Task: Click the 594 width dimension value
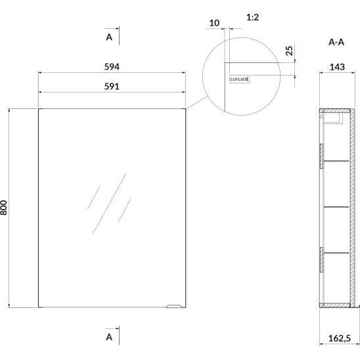click(x=112, y=67)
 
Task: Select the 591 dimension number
click(x=112, y=87)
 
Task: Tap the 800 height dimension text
click(x=4, y=208)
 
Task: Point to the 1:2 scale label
click(x=252, y=18)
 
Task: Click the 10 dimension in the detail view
click(x=214, y=23)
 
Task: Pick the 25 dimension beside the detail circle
click(x=290, y=51)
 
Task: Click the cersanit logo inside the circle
click(x=239, y=79)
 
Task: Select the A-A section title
click(x=336, y=42)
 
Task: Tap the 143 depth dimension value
click(x=337, y=67)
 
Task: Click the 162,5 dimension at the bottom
click(x=340, y=338)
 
